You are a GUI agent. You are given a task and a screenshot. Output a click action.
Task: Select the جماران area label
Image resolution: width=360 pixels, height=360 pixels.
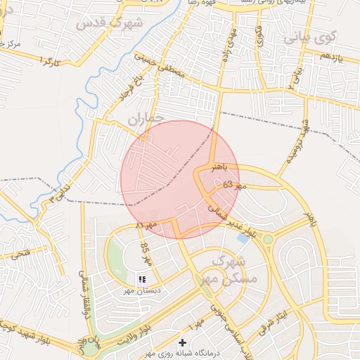click(x=146, y=120)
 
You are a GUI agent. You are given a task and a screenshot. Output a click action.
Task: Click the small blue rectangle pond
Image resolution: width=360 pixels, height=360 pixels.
click(x=243, y=238)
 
